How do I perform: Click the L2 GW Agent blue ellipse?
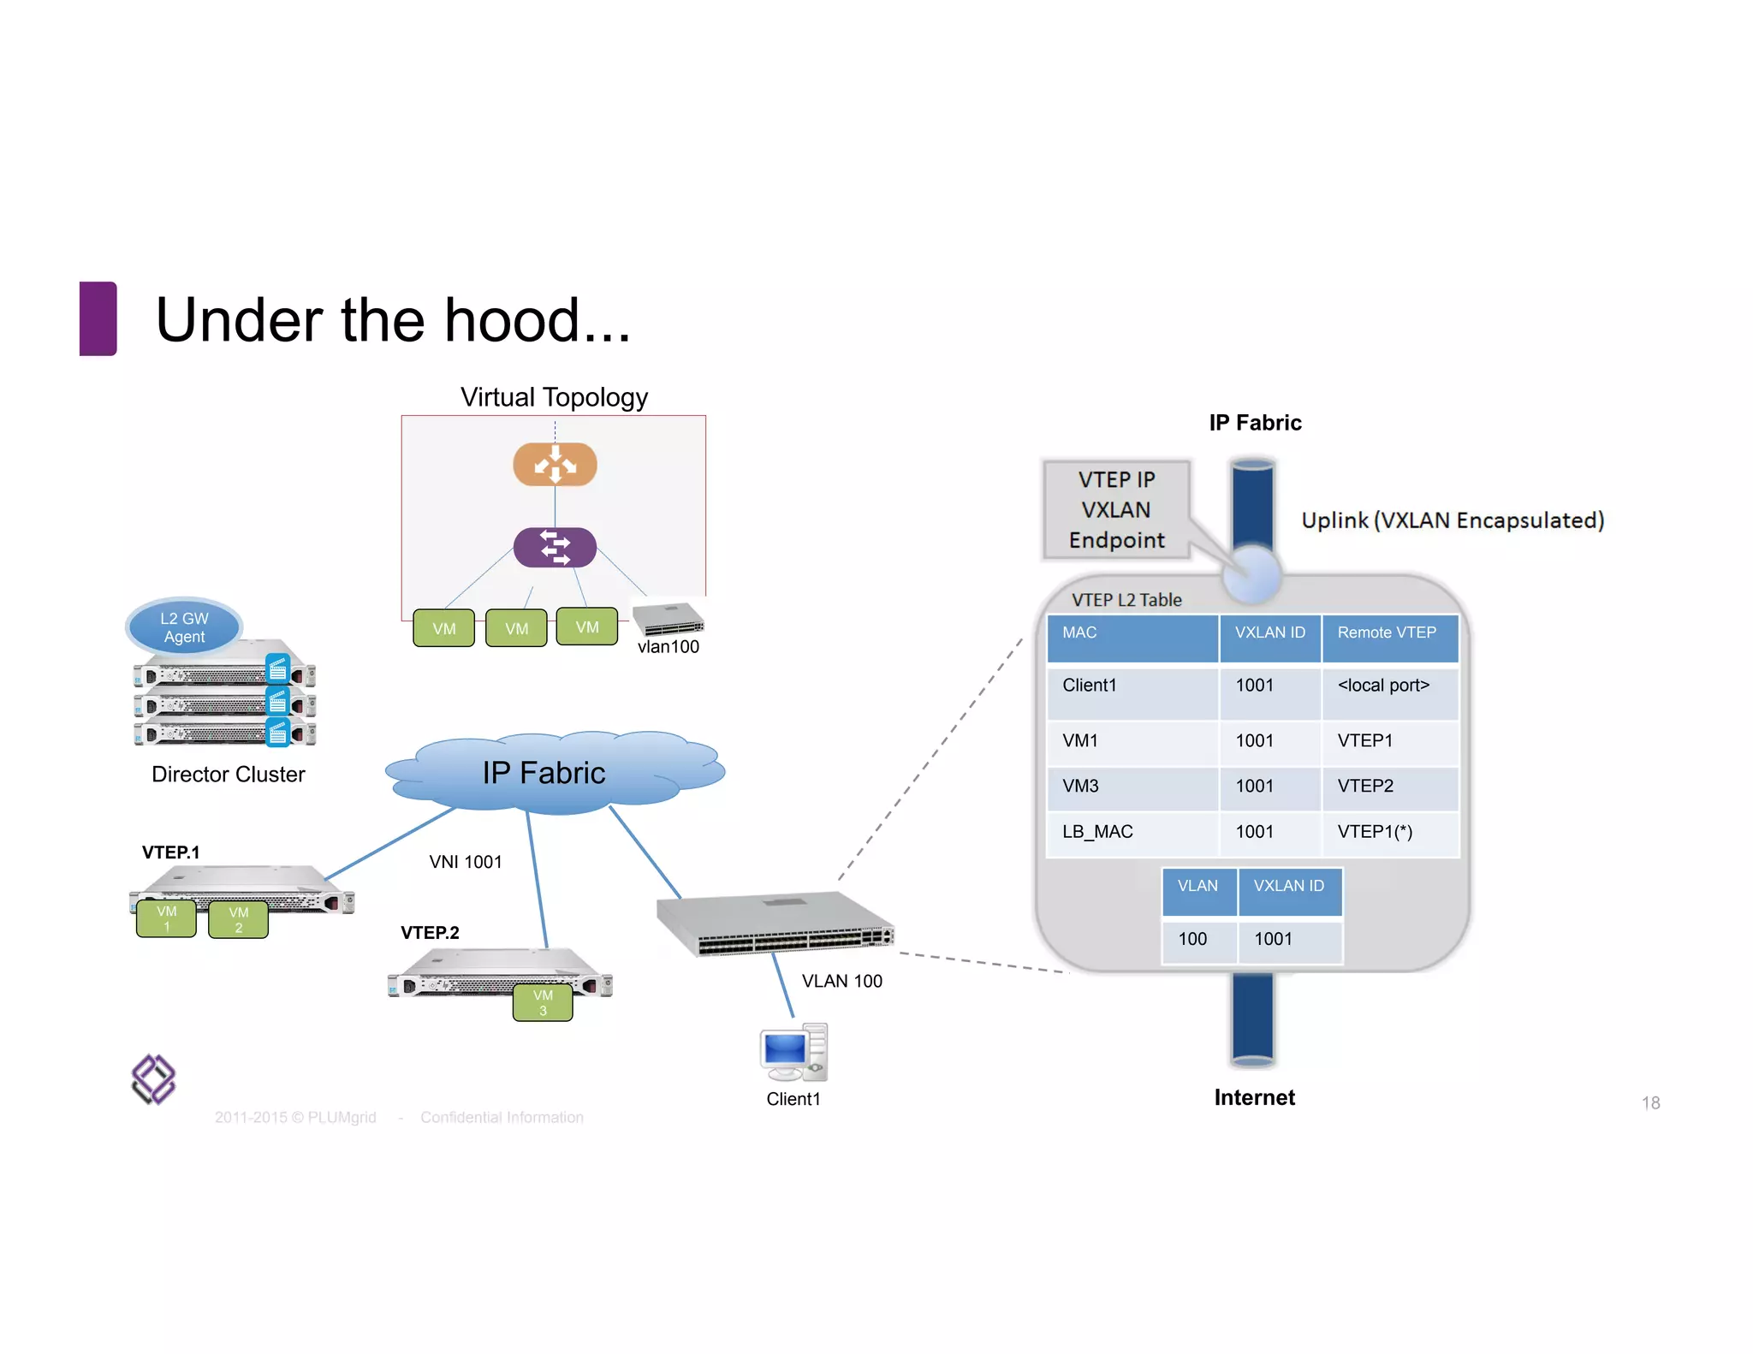point(184,627)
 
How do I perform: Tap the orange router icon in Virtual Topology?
point(555,465)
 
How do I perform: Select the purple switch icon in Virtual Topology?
point(555,547)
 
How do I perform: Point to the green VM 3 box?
point(543,1002)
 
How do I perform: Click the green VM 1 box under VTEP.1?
point(167,919)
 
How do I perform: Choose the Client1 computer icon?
point(793,1053)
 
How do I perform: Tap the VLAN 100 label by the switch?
point(841,981)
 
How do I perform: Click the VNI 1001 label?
point(466,862)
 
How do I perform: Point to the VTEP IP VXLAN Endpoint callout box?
point(1116,510)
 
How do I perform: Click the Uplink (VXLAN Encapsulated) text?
point(1453,520)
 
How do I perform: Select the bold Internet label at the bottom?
point(1254,1097)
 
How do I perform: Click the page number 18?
point(1650,1103)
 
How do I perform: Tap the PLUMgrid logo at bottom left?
point(153,1079)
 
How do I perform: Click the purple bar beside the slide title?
point(98,318)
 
